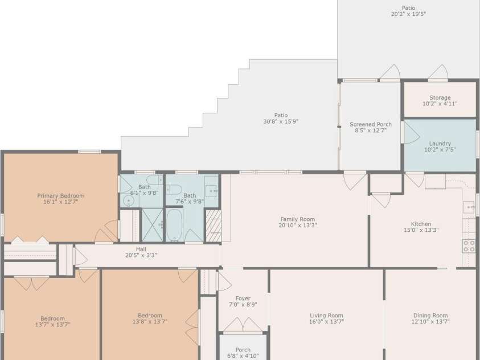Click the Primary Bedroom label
tap(60, 195)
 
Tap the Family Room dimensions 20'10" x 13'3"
tap(298, 226)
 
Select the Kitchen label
tap(421, 224)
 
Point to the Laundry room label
tap(440, 144)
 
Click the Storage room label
tap(440, 97)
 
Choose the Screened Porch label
tap(371, 124)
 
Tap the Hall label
tap(141, 249)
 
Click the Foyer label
tap(243, 298)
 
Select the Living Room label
tap(326, 316)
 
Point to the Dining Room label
tap(430, 316)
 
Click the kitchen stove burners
tap(469, 246)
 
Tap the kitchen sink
tap(469, 207)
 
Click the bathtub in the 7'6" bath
tap(174, 226)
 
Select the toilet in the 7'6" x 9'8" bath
tap(174, 190)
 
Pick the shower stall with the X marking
tap(152, 225)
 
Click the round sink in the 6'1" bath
tap(129, 201)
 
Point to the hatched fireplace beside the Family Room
tap(214, 226)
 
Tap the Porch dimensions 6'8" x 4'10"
tap(243, 355)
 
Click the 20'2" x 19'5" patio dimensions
tap(408, 14)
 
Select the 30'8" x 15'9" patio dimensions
tap(281, 121)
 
